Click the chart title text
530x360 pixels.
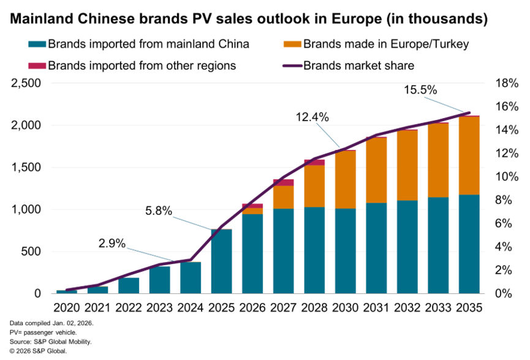coord(249,20)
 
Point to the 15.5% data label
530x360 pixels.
coord(420,89)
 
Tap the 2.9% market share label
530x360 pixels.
coord(112,243)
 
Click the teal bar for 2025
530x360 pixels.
coord(222,261)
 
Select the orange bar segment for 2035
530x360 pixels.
coord(469,156)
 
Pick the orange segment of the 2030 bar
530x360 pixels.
coord(346,179)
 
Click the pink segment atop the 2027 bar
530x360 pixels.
coord(284,182)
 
